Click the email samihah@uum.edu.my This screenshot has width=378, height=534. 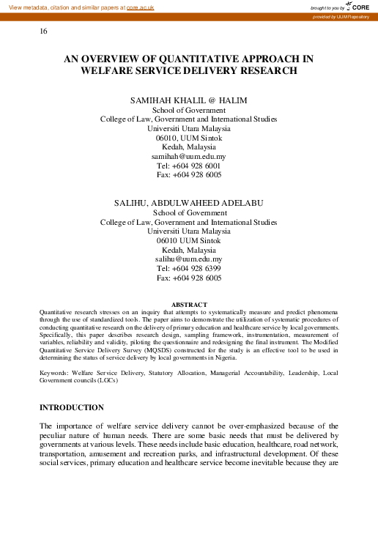(x=188, y=156)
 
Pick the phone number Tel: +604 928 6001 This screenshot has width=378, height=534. (x=188, y=166)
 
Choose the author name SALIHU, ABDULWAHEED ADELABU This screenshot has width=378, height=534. (x=188, y=202)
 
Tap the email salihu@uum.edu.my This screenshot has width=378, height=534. (x=188, y=259)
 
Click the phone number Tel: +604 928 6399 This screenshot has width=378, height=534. (x=188, y=269)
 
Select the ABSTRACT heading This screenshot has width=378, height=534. (x=188, y=304)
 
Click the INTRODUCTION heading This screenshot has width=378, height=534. (x=71, y=407)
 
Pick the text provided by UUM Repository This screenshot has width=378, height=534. (x=344, y=16)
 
